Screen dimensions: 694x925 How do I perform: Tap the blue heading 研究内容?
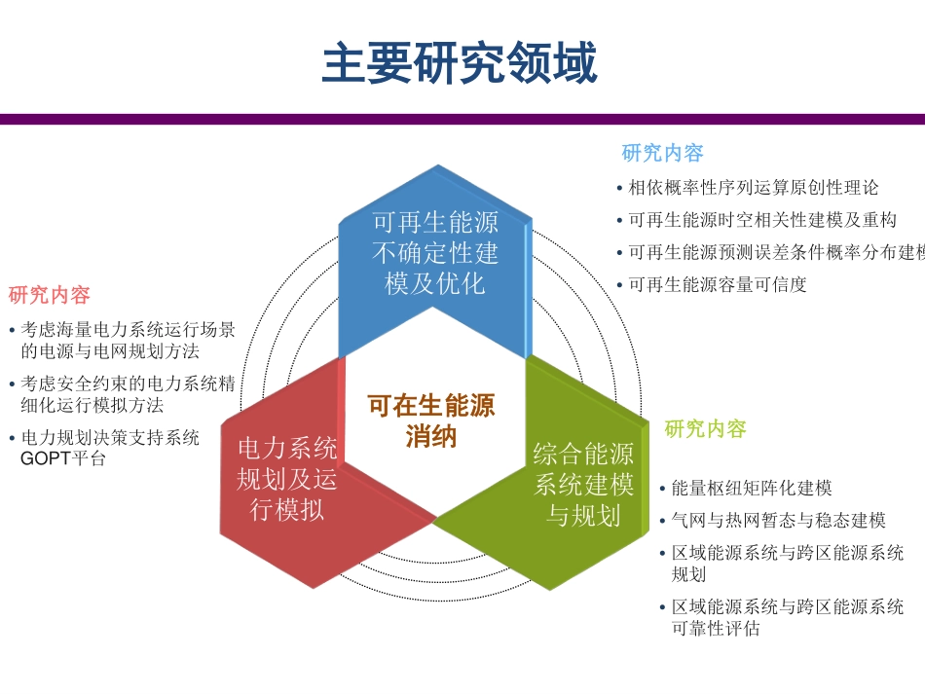click(x=662, y=153)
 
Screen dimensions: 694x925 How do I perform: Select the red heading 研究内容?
click(x=50, y=295)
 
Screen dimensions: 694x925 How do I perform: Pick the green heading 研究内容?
click(x=705, y=429)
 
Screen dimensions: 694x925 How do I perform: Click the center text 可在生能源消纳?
click(x=431, y=420)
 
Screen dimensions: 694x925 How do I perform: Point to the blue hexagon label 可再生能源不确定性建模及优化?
click(x=435, y=253)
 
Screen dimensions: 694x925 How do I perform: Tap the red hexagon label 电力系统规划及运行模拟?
click(x=287, y=478)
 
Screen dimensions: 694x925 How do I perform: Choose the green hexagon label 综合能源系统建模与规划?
click(x=583, y=484)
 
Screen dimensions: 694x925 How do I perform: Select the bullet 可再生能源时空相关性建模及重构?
click(x=762, y=220)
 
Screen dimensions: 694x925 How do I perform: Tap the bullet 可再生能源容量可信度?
click(x=718, y=285)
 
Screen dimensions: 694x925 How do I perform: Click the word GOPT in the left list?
click(x=41, y=458)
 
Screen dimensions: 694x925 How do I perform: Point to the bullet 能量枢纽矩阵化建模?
click(x=752, y=488)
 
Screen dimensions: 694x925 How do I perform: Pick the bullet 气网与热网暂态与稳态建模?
click(x=778, y=520)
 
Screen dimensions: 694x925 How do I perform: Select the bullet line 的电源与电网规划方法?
click(x=110, y=351)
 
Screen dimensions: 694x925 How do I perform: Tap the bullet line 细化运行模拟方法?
click(x=92, y=405)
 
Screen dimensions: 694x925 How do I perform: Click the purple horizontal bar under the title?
click(x=462, y=119)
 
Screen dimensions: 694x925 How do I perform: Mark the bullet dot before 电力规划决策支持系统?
click(x=11, y=439)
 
